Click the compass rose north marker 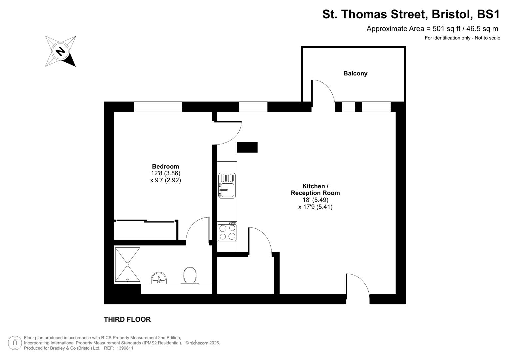tap(60, 51)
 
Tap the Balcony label tap(355, 73)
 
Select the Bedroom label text tap(165, 166)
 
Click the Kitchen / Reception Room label tap(315, 189)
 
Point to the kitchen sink tap(227, 186)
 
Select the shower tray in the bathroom tap(127, 264)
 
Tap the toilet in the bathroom tap(190, 275)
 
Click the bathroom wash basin tap(159, 278)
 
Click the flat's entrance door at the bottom tap(357, 285)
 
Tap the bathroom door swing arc tap(197, 228)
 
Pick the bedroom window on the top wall tap(158, 107)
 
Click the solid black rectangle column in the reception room tap(247, 147)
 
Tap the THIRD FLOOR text tap(127, 319)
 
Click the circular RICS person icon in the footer tap(15, 343)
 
